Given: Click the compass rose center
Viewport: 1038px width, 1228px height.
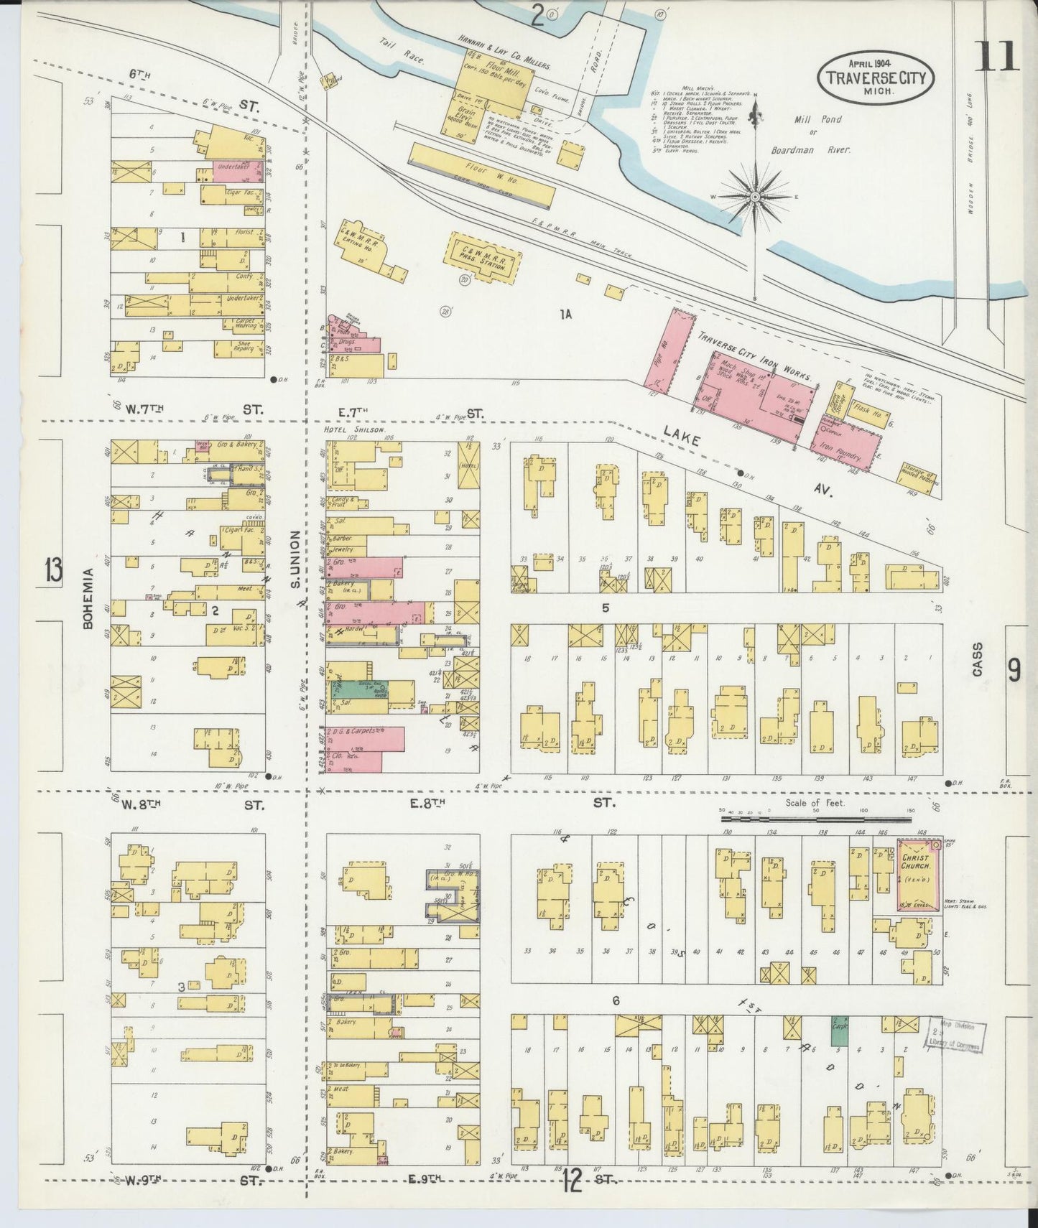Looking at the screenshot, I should (755, 195).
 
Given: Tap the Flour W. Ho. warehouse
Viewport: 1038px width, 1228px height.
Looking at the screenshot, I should (481, 173).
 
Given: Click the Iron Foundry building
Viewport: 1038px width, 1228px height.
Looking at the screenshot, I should (848, 447).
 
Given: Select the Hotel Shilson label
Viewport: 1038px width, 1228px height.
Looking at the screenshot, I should (349, 429).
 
